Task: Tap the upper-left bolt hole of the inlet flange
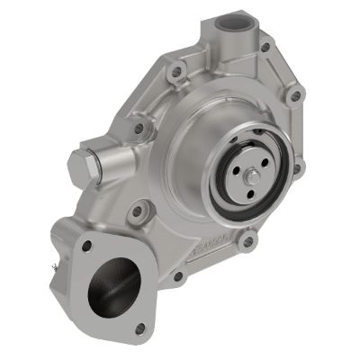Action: [83, 244]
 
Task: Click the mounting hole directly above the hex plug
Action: [138, 129]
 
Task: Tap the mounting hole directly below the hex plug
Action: [136, 214]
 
